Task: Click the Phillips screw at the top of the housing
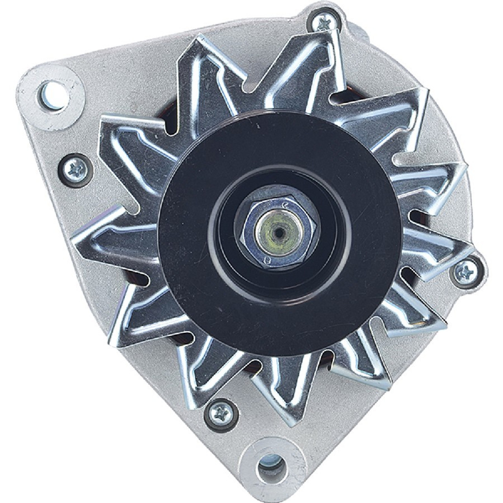click(x=325, y=22)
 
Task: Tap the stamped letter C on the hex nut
click(x=286, y=205)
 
